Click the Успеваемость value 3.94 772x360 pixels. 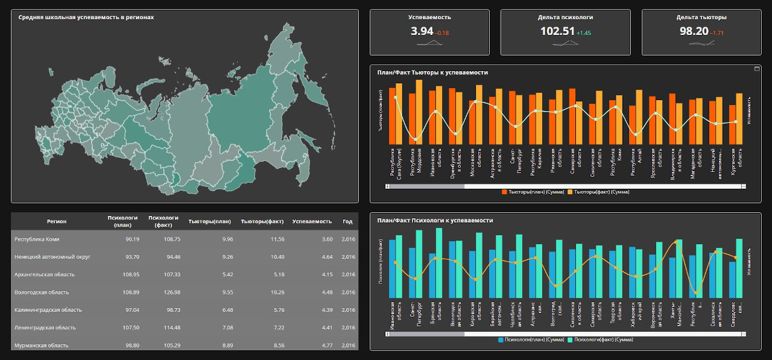pyautogui.click(x=422, y=31)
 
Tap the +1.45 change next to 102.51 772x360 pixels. pyautogui.click(x=584, y=33)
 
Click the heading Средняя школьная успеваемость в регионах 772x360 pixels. pyautogui.click(x=86, y=17)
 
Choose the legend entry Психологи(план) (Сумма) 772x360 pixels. pyautogui.click(x=530, y=339)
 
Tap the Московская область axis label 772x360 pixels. pyautogui.click(x=476, y=163)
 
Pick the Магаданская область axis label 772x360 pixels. pyautogui.click(x=695, y=163)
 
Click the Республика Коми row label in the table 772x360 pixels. pyautogui.click(x=37, y=239)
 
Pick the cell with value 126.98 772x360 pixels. pyautogui.click(x=163, y=292)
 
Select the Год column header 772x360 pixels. pyautogui.click(x=347, y=221)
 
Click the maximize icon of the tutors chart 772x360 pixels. pyautogui.click(x=757, y=69)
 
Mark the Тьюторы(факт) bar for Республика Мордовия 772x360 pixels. pyautogui.click(x=419, y=112)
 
